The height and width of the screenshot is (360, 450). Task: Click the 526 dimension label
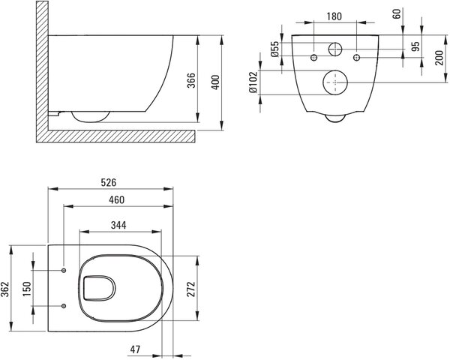coord(109,182)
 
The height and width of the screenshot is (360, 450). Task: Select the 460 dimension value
coord(116,199)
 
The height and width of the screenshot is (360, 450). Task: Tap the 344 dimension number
coord(118,225)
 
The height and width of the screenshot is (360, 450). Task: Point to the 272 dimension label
coord(191,289)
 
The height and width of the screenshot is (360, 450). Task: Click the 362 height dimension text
coord(5,289)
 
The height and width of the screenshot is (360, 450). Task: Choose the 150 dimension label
coord(27,289)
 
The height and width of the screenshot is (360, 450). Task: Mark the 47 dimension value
coord(135,349)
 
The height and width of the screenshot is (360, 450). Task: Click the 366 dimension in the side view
coord(191,81)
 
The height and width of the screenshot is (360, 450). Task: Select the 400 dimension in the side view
coord(215,82)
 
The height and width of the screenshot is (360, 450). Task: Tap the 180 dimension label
coord(334,16)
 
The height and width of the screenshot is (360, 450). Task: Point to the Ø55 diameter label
coord(274,49)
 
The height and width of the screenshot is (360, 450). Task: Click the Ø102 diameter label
coord(253,82)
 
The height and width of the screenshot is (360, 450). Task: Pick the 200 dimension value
coord(439,58)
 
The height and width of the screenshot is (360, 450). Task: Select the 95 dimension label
coord(415,46)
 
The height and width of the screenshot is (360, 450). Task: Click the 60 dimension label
coord(397,13)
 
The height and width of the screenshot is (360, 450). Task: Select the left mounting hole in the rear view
coord(314,58)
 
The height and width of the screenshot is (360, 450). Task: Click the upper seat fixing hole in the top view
coord(64,270)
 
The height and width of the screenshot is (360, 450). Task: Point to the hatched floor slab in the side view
coord(121,136)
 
